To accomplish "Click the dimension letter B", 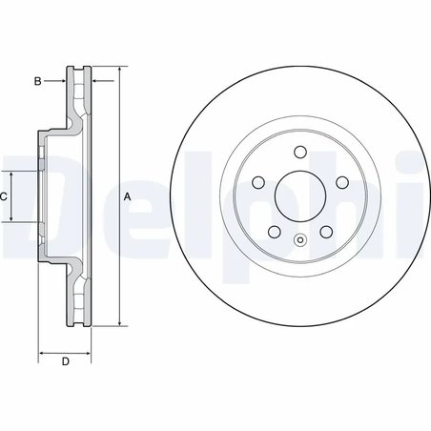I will (37, 81).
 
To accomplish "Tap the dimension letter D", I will (65, 361).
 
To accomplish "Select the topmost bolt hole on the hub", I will (298, 151).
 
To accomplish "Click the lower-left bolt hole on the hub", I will (273, 232).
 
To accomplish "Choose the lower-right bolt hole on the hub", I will (325, 232).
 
